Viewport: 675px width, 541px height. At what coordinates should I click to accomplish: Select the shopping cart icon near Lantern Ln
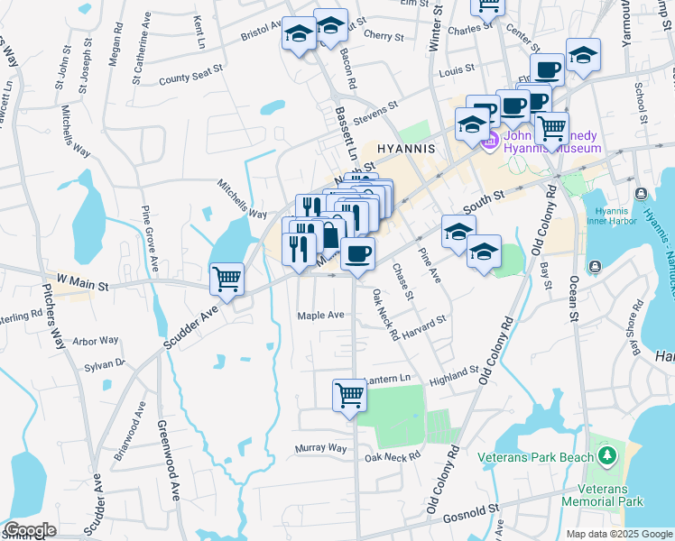coord(349,393)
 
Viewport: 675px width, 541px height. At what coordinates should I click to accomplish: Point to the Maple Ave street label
coord(321,316)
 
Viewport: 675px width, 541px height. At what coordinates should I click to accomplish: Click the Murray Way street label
coord(321,448)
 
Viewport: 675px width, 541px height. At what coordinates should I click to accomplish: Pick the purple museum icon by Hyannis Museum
coord(490,142)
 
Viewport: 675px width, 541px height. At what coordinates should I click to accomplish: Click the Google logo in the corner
coord(30,530)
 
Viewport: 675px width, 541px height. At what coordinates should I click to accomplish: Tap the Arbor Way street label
coord(96,341)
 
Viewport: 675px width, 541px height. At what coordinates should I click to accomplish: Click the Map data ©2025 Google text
coord(617,533)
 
